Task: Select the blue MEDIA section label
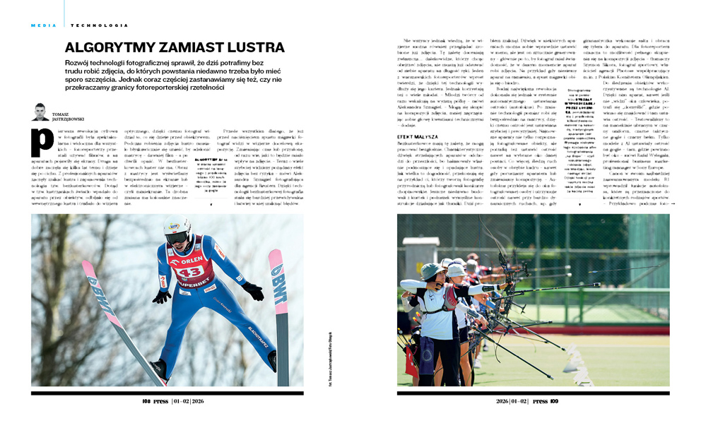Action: coord(43,25)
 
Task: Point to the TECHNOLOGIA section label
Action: coord(100,25)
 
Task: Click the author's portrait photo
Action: coord(40,112)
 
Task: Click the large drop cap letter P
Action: coord(42,143)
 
